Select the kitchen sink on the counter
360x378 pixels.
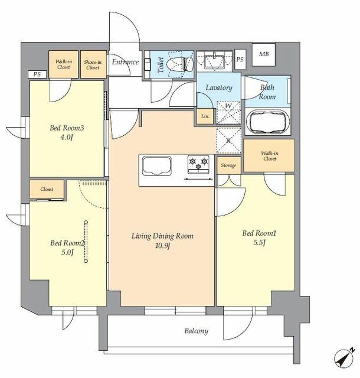pos(155,167)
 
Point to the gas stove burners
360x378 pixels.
pos(199,161)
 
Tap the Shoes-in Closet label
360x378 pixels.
pos(93,64)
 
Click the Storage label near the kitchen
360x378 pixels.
pos(228,165)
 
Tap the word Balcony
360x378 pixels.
pos(195,331)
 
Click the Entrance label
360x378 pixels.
pos(125,62)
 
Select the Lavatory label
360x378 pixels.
pos(218,88)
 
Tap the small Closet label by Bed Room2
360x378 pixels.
pos(47,190)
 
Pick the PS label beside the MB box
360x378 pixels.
pos(240,60)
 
